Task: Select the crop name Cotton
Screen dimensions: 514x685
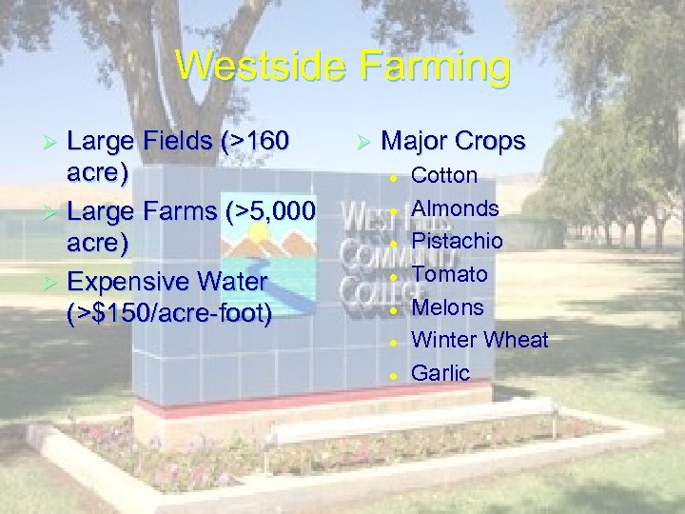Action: pyautogui.click(x=443, y=175)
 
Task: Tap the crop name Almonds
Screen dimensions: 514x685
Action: pyautogui.click(x=455, y=208)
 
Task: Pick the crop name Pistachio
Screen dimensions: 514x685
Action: pyautogui.click(x=457, y=241)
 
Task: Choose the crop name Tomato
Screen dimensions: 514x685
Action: pyautogui.click(x=449, y=274)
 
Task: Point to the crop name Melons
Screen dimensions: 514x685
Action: pyautogui.click(x=447, y=307)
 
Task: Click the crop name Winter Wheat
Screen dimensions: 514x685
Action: pyautogui.click(x=479, y=340)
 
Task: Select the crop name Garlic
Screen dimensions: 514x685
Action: pyautogui.click(x=440, y=373)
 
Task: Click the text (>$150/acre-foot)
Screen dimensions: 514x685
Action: pyautogui.click(x=169, y=314)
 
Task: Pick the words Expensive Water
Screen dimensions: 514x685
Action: pyautogui.click(x=167, y=282)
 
